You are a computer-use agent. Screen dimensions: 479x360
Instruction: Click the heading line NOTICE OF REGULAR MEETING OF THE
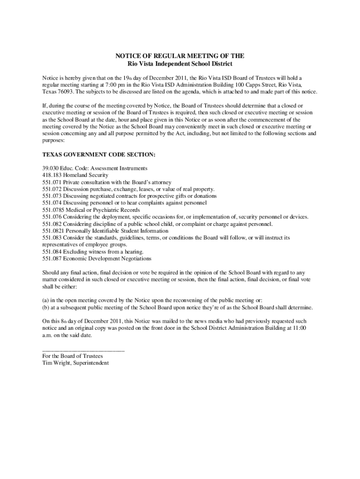[180, 56]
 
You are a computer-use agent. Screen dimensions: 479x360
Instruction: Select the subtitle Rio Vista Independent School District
[180, 63]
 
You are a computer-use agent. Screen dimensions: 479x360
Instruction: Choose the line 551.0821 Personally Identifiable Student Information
[105, 231]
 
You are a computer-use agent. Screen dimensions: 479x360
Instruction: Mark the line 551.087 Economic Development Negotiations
[97, 259]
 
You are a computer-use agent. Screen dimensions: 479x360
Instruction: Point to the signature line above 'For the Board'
[83, 349]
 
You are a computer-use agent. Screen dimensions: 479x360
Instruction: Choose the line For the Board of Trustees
[72, 356]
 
